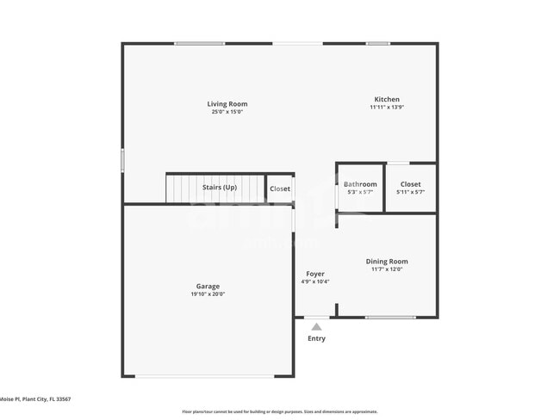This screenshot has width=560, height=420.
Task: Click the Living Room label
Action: (227, 104)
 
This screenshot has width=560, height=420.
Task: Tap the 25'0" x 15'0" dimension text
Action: (227, 112)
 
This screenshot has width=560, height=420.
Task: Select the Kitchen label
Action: (386, 99)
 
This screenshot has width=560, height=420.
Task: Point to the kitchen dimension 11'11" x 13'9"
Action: (386, 108)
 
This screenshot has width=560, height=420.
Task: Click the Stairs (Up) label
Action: (219, 188)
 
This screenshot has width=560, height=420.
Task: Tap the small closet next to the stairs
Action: (280, 188)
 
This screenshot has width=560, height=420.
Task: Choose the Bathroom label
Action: (360, 184)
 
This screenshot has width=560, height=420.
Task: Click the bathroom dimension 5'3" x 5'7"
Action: (360, 192)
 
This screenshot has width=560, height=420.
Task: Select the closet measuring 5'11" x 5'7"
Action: (410, 188)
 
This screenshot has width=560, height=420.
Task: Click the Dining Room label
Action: (387, 262)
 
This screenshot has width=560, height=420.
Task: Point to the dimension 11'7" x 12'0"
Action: (387, 269)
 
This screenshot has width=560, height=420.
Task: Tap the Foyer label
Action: (314, 274)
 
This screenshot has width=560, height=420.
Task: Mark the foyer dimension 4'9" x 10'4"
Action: (314, 281)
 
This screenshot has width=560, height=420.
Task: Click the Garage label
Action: (208, 287)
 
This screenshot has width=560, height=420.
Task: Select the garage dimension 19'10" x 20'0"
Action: (208, 294)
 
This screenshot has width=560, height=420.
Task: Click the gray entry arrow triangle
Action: (316, 327)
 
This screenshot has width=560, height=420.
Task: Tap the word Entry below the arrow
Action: (316, 339)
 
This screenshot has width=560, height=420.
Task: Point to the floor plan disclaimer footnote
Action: (279, 411)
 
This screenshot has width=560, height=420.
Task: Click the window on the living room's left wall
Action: (122, 160)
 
